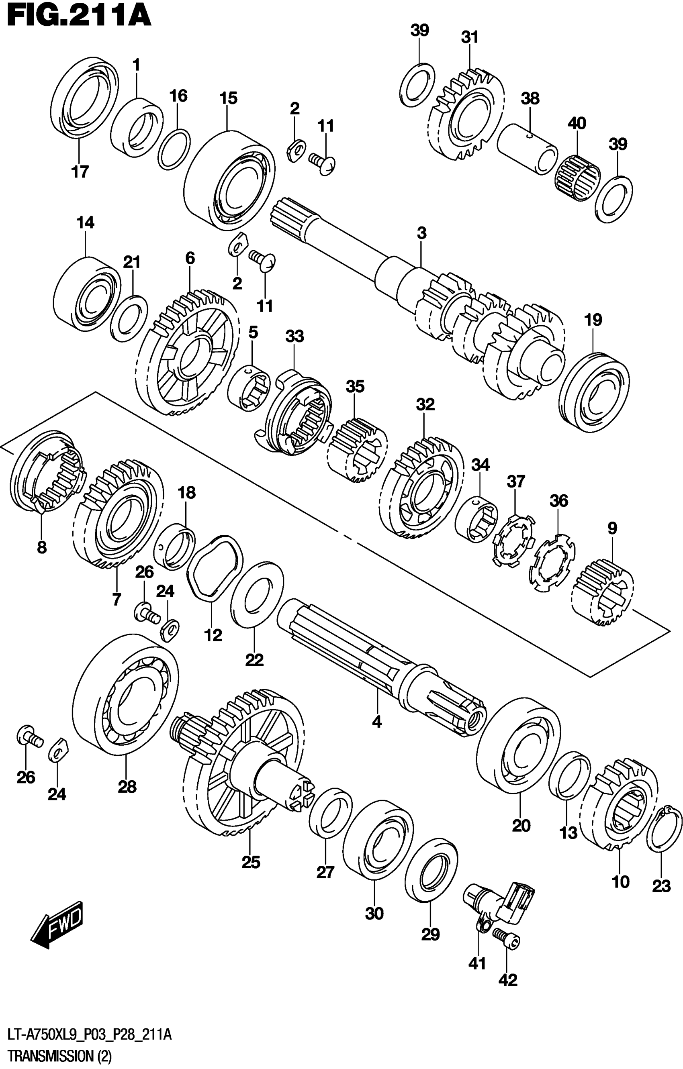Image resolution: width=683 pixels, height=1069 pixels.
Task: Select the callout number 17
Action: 80,171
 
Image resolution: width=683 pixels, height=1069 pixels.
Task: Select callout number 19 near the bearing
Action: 593,320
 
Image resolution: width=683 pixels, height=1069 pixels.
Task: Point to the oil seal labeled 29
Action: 431,871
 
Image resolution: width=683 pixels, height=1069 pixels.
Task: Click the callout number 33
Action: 295,337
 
